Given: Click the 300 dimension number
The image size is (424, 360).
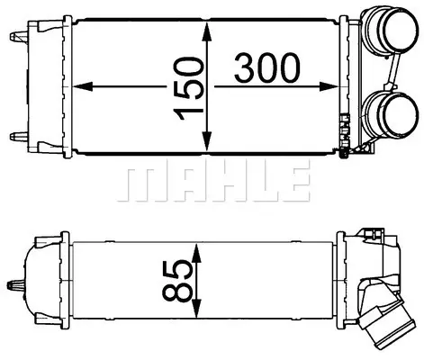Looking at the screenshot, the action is click(x=267, y=67).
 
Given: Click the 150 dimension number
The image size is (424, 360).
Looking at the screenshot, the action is click(x=188, y=89).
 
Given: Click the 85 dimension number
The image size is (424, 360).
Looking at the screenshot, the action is click(x=177, y=280).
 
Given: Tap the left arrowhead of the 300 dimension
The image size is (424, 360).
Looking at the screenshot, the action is click(x=82, y=86).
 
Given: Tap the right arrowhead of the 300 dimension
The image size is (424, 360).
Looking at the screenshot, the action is click(x=329, y=86).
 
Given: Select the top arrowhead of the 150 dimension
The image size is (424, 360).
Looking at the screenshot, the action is click(x=207, y=32).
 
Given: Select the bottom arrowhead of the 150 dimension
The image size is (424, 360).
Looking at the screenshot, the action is click(x=207, y=141).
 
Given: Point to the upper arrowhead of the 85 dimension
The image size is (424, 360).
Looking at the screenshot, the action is click(x=196, y=253).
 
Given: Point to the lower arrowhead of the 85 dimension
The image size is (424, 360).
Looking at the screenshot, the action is click(x=196, y=308).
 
